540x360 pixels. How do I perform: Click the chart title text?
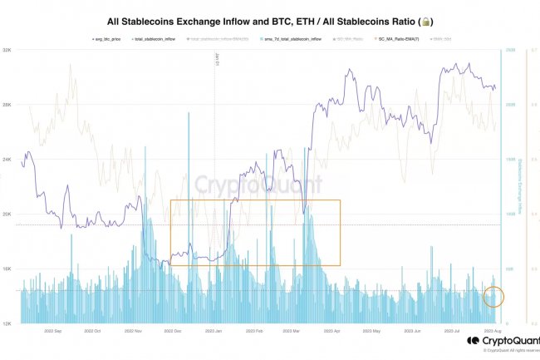(x=270, y=20)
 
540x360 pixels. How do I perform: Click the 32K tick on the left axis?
(x=7, y=50)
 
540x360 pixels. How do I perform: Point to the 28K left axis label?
(x=7, y=105)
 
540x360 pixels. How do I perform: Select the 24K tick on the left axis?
(x=7, y=160)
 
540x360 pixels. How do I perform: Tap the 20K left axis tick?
(x=7, y=215)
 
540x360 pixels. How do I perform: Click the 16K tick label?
(x=7, y=269)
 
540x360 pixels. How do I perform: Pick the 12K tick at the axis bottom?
(x=7, y=323)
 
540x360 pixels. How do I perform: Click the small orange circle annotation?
(x=493, y=296)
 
